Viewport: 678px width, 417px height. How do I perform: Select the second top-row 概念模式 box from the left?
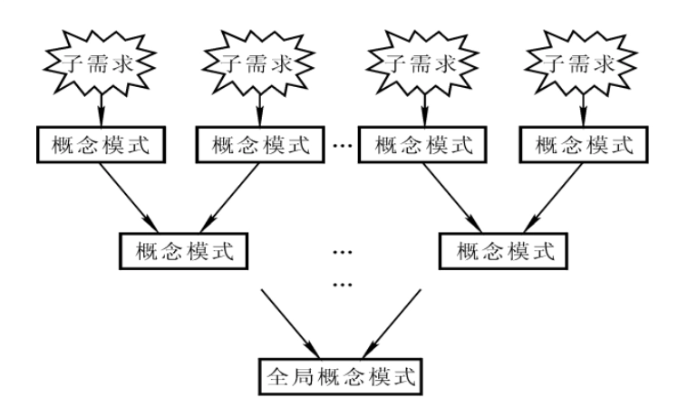coord(257,144)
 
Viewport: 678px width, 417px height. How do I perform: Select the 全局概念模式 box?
coord(339,373)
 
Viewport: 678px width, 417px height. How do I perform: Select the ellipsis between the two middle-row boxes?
coord(342,250)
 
